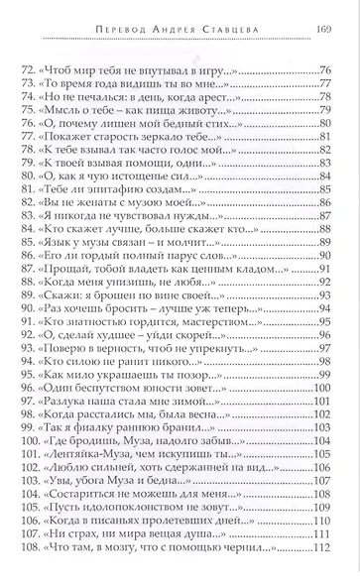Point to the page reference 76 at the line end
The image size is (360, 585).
click(324, 71)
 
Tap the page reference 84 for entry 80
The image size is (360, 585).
click(324, 199)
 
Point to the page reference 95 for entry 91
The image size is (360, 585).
click(324, 375)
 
